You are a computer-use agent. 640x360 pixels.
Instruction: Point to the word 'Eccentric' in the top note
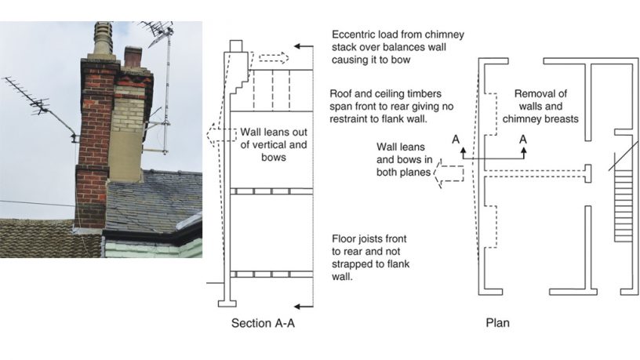point(355,35)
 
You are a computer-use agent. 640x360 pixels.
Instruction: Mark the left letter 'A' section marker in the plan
point(454,139)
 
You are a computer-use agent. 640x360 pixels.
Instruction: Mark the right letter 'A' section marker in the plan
point(523,139)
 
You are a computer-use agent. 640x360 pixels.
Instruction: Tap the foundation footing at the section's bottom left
point(227,300)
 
